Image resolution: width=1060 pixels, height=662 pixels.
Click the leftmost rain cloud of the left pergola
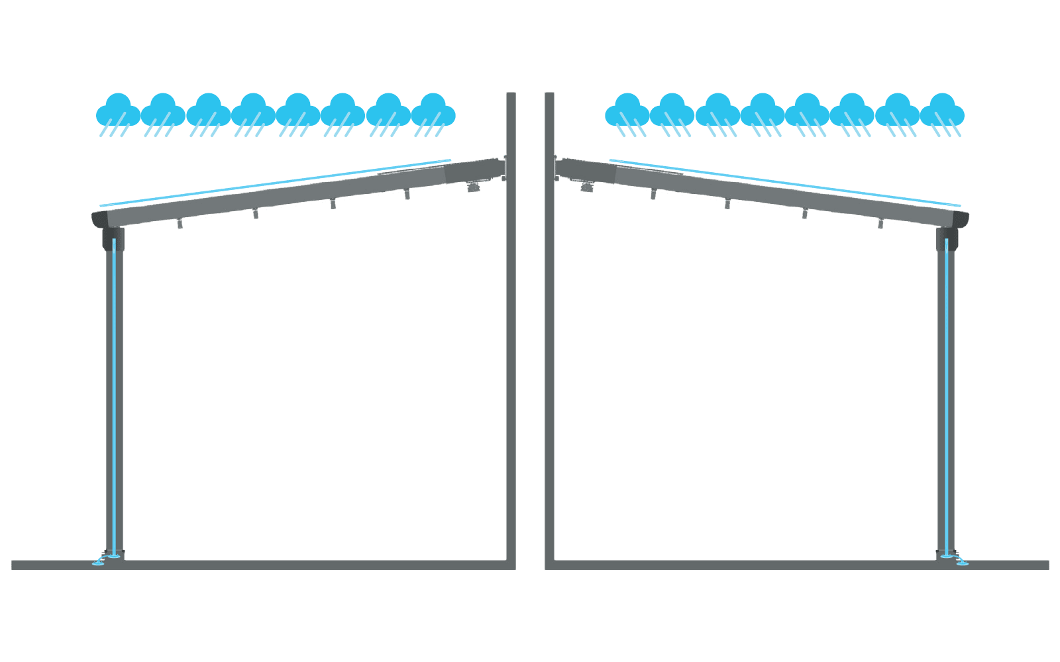[118, 111]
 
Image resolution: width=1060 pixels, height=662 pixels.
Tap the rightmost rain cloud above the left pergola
[433, 111]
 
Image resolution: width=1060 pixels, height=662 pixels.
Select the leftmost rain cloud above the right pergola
[627, 111]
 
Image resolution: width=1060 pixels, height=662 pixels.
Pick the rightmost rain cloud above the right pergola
[941, 111]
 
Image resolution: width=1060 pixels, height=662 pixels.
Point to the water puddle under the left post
[101, 563]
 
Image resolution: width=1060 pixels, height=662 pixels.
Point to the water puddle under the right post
[960, 563]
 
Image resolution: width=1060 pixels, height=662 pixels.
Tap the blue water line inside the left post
[115, 397]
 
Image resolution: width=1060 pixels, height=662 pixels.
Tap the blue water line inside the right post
[945, 397]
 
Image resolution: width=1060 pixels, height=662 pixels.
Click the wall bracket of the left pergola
[504, 167]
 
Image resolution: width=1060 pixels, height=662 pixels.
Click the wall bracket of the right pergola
[556, 167]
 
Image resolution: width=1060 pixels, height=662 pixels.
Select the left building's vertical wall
[511, 331]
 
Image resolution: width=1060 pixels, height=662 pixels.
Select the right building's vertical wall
[549, 331]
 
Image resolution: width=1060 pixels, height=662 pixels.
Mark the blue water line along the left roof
[275, 181]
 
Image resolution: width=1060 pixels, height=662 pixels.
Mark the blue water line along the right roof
[785, 181]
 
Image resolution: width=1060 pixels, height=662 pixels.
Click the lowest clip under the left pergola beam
[180, 225]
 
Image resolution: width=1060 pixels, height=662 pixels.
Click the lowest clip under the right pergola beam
[880, 224]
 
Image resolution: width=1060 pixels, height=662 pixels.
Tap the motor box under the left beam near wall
[472, 188]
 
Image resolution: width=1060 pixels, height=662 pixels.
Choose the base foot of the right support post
[945, 553]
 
